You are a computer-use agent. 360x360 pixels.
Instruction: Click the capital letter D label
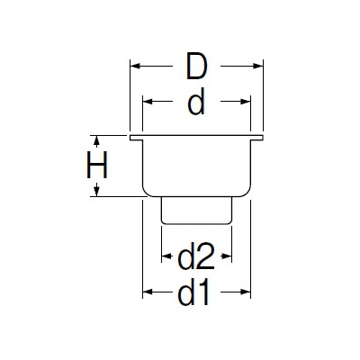pyautogui.click(x=196, y=66)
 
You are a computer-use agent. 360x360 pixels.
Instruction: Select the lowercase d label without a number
pyautogui.click(x=196, y=102)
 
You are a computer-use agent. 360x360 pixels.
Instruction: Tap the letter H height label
pyautogui.click(x=96, y=165)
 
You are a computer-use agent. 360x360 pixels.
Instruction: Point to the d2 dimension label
pyautogui.click(x=196, y=256)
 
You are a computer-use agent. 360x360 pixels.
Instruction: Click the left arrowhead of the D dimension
pyautogui.click(x=135, y=66)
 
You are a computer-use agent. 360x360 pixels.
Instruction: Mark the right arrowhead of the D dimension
pyautogui.click(x=258, y=66)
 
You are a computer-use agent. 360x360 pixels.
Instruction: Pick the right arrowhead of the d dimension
pyautogui.click(x=246, y=102)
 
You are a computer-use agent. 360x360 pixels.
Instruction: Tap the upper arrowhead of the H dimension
pyautogui.click(x=96, y=140)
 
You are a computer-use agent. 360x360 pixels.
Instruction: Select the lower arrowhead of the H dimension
pyautogui.click(x=96, y=192)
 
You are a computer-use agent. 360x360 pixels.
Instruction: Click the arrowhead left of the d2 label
pyautogui.click(x=166, y=256)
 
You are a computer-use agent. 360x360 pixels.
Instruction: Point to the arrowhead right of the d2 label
pyautogui.click(x=227, y=256)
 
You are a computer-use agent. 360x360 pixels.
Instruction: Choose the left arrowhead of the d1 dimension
pyautogui.click(x=148, y=292)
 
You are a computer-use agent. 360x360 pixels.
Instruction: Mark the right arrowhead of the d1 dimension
pyautogui.click(x=246, y=292)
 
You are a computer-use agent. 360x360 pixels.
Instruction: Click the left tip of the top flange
pyautogui.click(x=130, y=138)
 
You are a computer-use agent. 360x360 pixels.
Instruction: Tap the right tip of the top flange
pyautogui.click(x=263, y=138)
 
